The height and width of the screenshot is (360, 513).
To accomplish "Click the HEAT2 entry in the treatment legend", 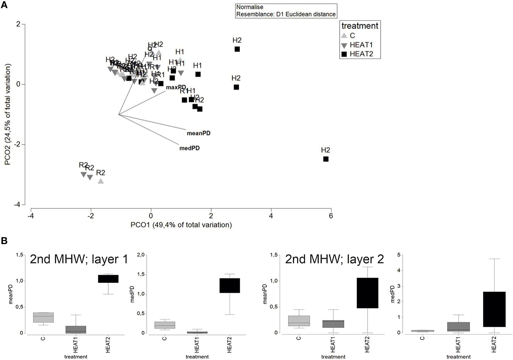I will [361, 54].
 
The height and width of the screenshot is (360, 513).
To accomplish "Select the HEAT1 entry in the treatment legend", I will [361, 45].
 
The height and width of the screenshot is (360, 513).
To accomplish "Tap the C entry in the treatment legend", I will [352, 35].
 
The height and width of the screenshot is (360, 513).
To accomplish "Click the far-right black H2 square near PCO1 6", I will [326, 159].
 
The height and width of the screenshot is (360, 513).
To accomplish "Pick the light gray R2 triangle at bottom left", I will [101, 181].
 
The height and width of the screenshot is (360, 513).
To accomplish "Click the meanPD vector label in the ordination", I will [199, 133].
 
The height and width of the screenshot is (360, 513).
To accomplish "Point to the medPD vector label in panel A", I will [189, 148].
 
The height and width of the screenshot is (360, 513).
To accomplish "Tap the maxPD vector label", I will [176, 87].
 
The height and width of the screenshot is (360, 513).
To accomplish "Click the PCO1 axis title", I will [181, 225].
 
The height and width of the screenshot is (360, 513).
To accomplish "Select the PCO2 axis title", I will [8, 114].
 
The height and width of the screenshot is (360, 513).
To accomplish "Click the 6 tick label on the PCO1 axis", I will [331, 216].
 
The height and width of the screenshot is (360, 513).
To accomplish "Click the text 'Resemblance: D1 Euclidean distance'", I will [286, 14].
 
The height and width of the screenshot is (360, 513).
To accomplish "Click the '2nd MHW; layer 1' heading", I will [79, 259].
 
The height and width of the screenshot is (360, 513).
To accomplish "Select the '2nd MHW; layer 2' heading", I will [334, 259].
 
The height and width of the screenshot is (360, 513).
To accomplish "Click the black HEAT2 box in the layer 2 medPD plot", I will [494, 309].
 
